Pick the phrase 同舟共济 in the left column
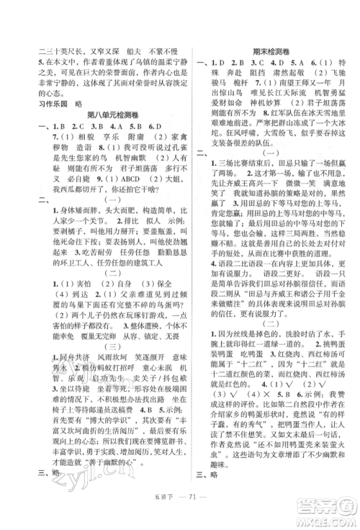point(60,361)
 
